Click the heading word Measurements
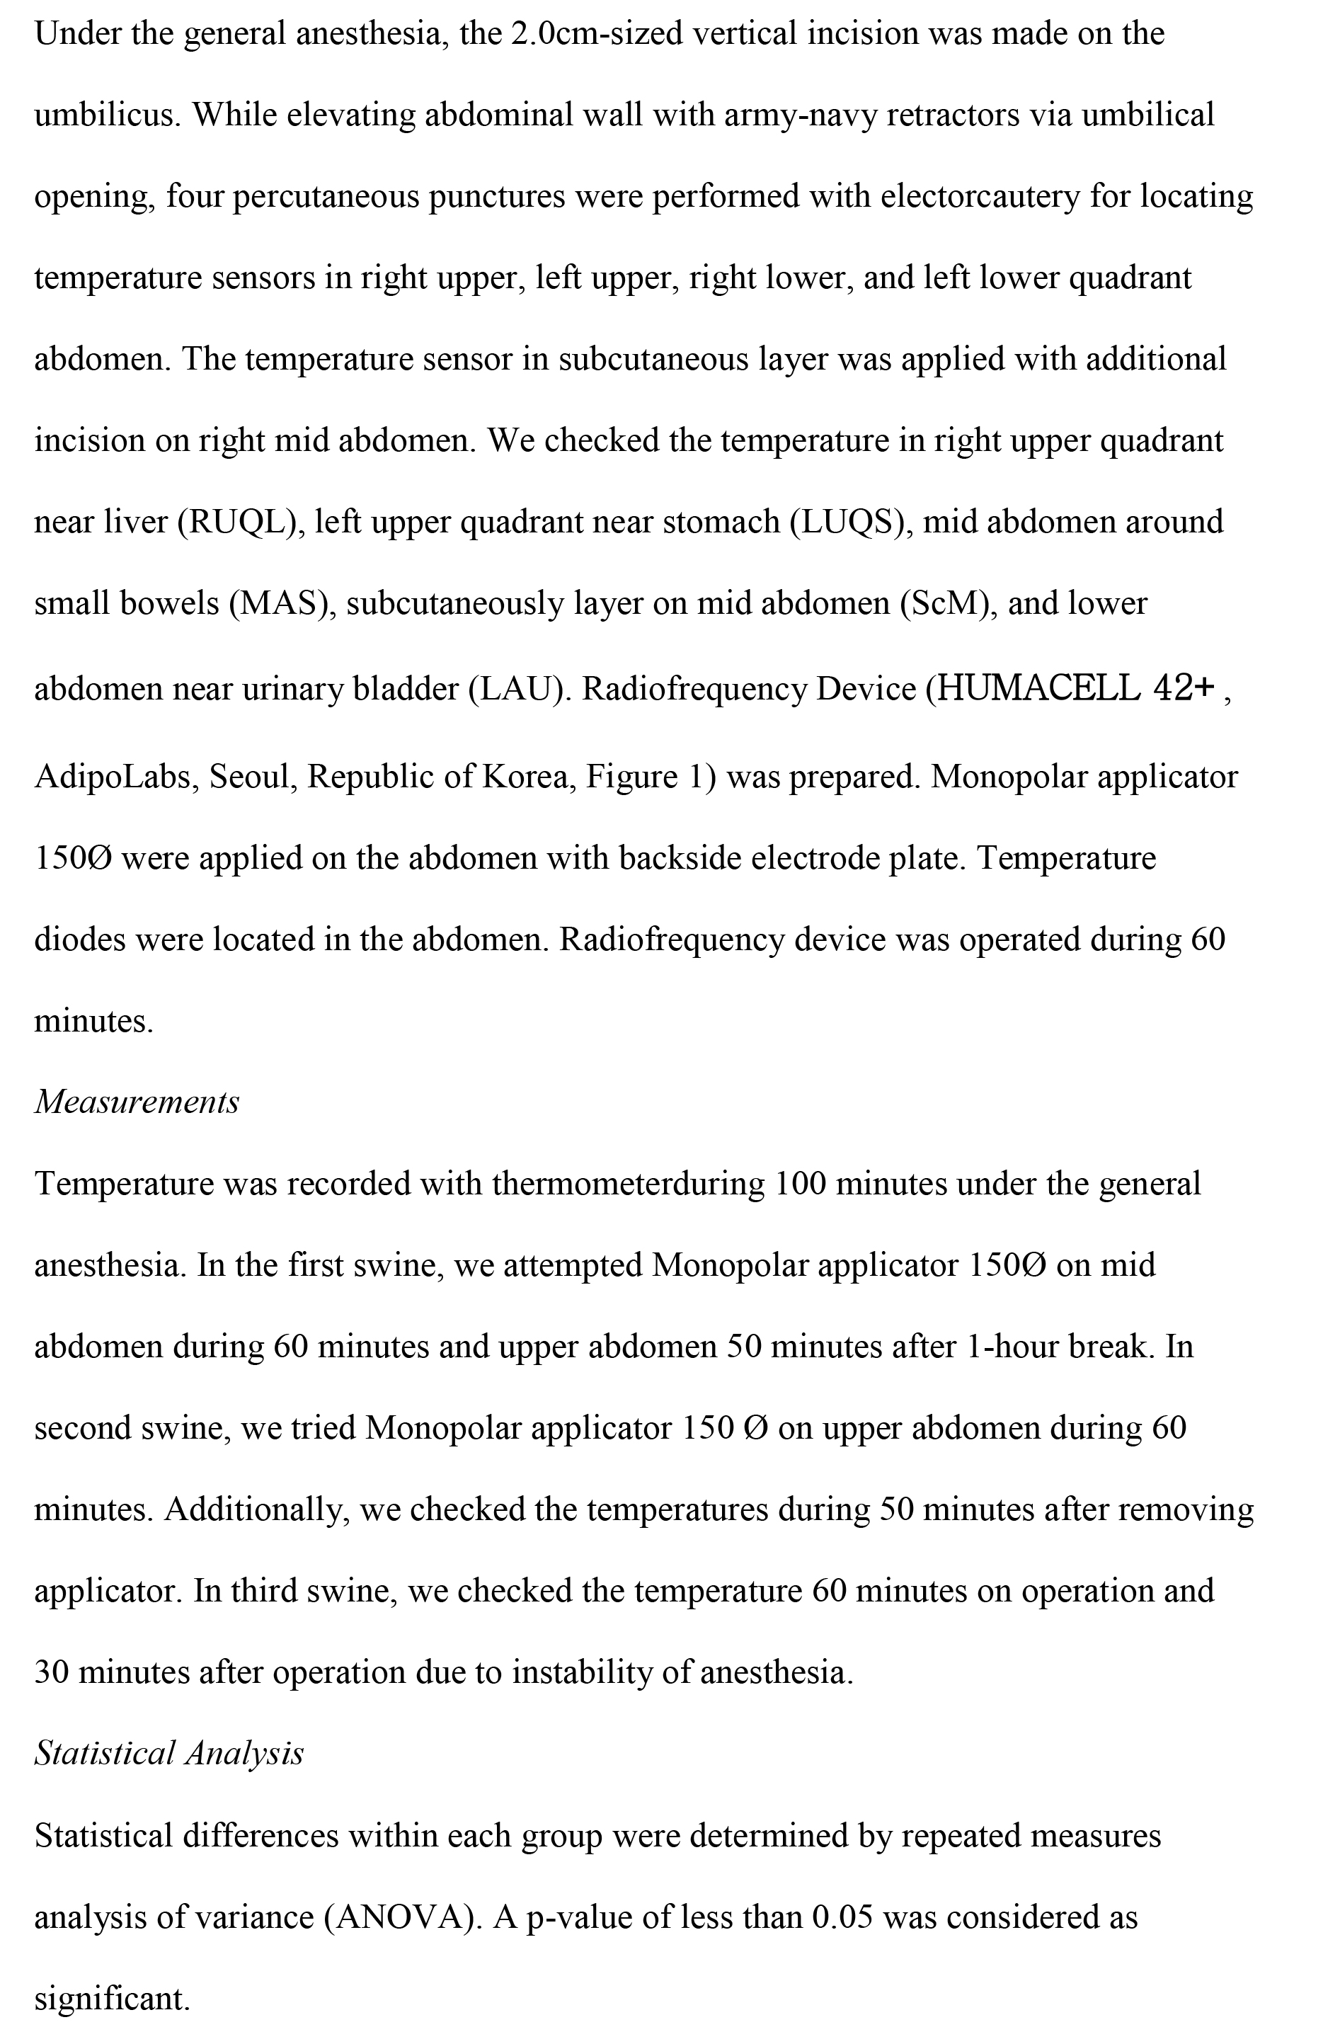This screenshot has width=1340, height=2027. (x=137, y=1102)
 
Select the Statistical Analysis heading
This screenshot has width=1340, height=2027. (x=169, y=1754)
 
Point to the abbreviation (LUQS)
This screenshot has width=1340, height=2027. (x=849, y=522)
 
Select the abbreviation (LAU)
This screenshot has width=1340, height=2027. (x=520, y=689)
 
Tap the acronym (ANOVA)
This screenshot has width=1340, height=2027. (x=399, y=1918)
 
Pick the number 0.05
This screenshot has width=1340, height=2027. (x=842, y=1918)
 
